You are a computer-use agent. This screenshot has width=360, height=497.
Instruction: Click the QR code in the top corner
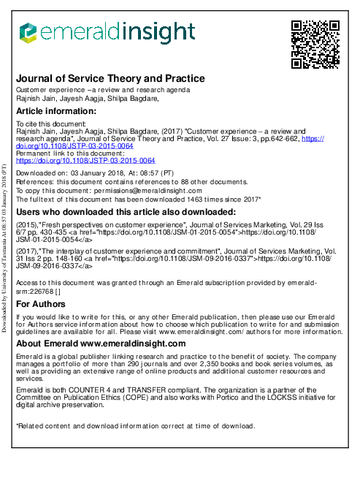pyautogui.click(x=315, y=44)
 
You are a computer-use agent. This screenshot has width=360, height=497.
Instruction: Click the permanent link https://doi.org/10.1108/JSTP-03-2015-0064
pyautogui.click(x=85, y=160)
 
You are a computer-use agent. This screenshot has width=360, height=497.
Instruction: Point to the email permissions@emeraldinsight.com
pyautogui.click(x=145, y=190)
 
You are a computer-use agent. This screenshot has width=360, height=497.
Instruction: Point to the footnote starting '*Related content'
pyautogui.click(x=135, y=425)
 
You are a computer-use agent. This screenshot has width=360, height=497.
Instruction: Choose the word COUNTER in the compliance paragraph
pyautogui.click(x=82, y=390)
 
